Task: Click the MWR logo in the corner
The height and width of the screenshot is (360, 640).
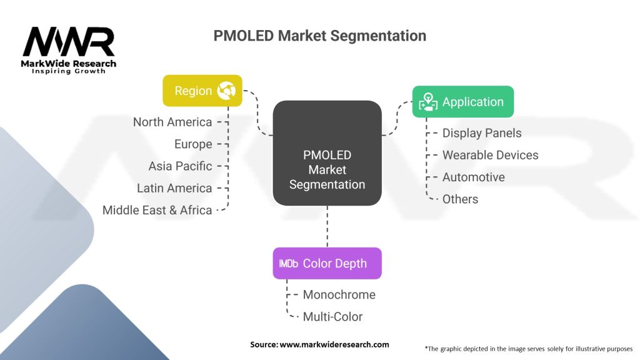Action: coord(69,50)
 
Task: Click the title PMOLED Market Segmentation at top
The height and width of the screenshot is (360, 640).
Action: coord(319,36)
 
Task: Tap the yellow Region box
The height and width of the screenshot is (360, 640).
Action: coord(202,91)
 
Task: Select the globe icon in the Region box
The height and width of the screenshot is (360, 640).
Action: coord(226,90)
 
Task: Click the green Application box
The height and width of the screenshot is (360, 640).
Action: coord(463,102)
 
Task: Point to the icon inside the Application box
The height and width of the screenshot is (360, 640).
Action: coord(427,102)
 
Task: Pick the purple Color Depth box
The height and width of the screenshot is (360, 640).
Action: coord(327,263)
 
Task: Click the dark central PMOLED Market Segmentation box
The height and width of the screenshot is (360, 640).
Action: coord(327,153)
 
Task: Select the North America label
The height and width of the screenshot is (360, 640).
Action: coord(172,122)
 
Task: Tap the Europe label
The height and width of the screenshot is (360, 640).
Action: coord(193,144)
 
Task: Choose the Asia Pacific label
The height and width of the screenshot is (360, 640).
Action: coord(181,166)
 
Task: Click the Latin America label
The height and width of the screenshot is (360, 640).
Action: coord(174,188)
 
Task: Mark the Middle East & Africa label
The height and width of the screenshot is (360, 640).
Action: coord(157,210)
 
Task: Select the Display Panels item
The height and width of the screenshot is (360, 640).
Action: coord(482,133)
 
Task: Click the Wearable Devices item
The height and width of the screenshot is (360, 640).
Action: coord(490,155)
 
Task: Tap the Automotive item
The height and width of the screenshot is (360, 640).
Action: coord(474,177)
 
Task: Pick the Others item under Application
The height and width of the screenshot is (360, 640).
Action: coord(460,199)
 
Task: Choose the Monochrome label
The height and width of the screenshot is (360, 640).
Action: coord(339,295)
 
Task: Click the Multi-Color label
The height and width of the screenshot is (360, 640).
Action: coord(332,317)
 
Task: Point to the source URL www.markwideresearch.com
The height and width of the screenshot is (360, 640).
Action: coord(334,344)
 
